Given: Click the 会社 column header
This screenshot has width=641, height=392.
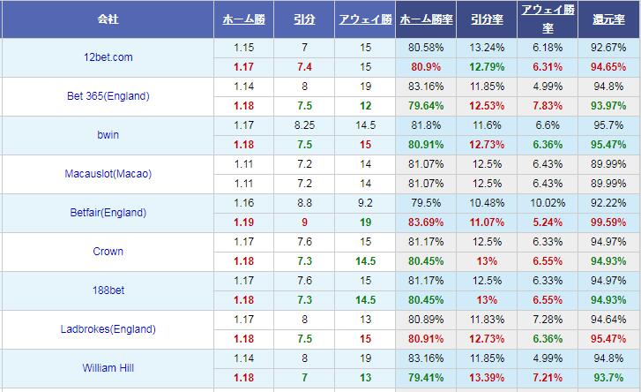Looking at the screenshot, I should click(108, 19).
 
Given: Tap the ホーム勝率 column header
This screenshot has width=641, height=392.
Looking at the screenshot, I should click(427, 19).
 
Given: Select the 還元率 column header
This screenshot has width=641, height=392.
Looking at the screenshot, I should click(608, 19).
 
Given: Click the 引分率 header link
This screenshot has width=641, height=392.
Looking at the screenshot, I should click(487, 19).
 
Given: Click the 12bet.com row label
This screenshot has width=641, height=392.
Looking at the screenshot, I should click(108, 57).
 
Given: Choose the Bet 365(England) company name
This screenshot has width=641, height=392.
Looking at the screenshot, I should click(108, 96).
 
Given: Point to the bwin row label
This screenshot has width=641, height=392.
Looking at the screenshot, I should click(108, 135).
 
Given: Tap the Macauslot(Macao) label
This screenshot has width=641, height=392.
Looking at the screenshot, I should click(108, 174).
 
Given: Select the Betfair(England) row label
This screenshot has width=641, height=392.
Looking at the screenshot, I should click(108, 213).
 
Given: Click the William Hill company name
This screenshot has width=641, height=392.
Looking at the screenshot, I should click(108, 368).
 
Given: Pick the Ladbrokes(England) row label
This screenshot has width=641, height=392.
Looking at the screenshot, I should click(108, 329).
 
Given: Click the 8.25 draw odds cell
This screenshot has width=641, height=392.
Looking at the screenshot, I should click(303, 125).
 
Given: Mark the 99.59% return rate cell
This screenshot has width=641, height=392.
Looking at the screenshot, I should click(609, 222).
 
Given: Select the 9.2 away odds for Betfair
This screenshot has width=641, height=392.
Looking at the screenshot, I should click(364, 203).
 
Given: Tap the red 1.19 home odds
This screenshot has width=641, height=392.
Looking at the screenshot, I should click(244, 222).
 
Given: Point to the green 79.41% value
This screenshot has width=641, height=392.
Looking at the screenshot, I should click(427, 377).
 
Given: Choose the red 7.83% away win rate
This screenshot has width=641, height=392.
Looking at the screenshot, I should click(548, 105).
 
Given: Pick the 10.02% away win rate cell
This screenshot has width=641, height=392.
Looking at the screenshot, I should click(548, 203).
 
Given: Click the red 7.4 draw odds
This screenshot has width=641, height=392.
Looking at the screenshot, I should click(303, 66).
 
